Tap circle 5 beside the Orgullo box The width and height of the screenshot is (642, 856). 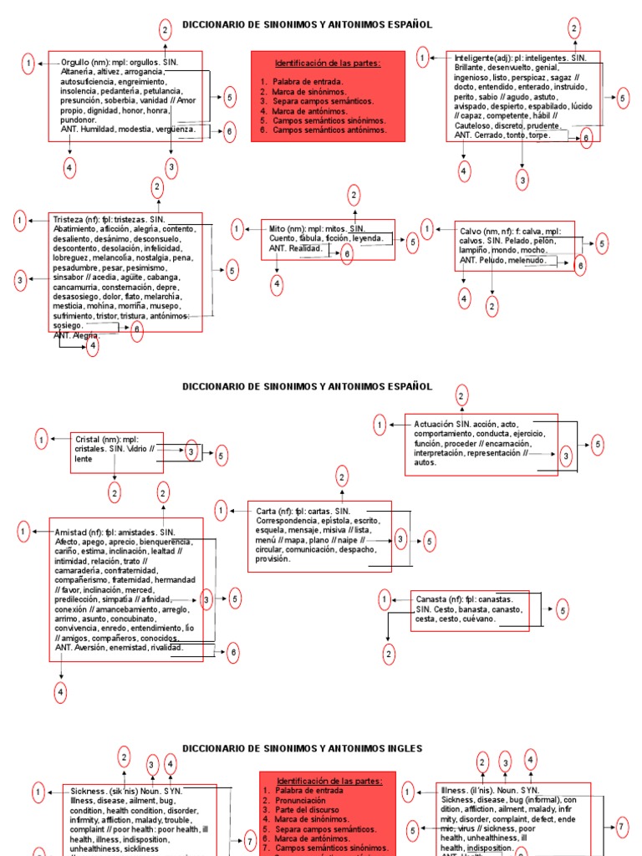(x=230, y=98)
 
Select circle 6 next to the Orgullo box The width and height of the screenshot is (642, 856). (x=230, y=131)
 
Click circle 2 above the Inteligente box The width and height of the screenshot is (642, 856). (x=574, y=28)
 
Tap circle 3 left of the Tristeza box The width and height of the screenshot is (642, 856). (x=20, y=281)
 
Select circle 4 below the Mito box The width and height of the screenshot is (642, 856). (x=277, y=285)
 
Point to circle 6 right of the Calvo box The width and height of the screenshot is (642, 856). (x=580, y=265)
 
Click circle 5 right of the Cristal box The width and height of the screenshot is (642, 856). (x=221, y=456)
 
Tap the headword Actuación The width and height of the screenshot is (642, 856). (x=433, y=425)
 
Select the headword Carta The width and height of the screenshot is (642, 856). (x=269, y=510)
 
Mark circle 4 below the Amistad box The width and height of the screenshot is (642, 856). (x=61, y=691)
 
